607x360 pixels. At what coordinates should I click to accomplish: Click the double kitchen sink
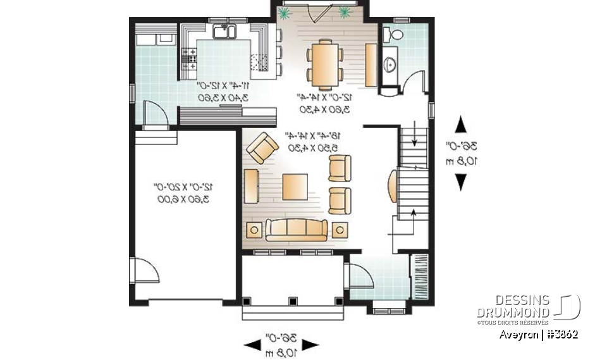coord(224,31)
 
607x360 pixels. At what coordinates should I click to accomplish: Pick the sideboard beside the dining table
coord(371,66)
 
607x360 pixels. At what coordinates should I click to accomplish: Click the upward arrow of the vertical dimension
coord(461,123)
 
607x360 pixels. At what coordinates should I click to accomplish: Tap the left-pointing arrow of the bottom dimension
coord(253,344)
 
